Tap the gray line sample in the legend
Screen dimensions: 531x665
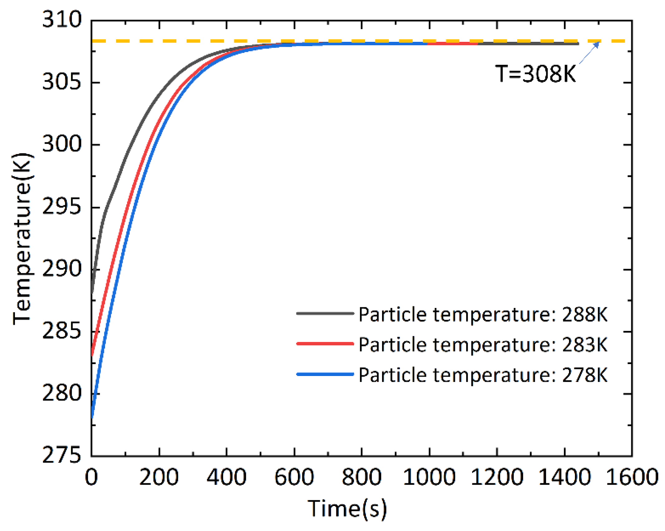tap(325, 313)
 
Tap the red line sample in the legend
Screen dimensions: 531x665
tap(325, 343)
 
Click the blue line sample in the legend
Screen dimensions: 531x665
tap(325, 374)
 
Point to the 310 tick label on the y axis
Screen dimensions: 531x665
tap(62, 20)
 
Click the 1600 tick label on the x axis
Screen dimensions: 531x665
tap(631, 477)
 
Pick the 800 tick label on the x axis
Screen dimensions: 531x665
tap(361, 477)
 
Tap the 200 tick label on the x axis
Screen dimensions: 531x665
tap(159, 477)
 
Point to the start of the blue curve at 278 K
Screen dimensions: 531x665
tap(92, 417)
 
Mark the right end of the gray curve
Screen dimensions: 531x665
tap(577, 44)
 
